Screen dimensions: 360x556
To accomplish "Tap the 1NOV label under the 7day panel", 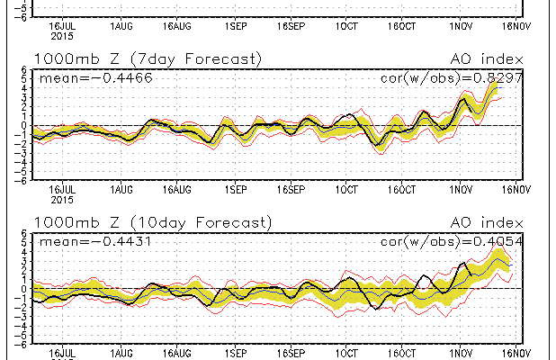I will point(462,190).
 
